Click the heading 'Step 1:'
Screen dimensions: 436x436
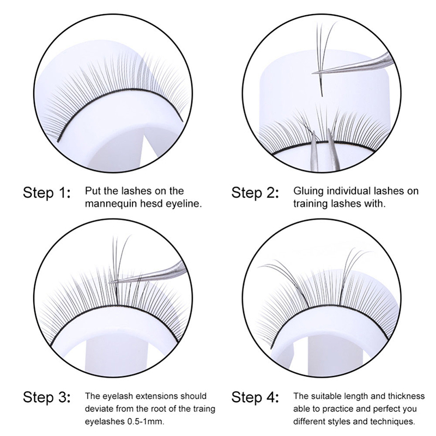(x=47, y=193)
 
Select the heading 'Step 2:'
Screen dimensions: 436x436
(x=255, y=193)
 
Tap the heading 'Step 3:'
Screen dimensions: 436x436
(x=47, y=397)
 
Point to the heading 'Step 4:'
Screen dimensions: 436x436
(x=255, y=397)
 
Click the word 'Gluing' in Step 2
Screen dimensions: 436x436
(x=308, y=191)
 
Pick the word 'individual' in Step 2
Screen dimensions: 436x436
(x=349, y=191)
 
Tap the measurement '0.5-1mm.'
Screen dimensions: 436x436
(x=146, y=421)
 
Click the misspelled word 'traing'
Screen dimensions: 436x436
(x=204, y=409)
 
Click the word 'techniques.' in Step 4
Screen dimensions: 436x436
(x=392, y=421)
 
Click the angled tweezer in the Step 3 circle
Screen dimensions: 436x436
(x=150, y=275)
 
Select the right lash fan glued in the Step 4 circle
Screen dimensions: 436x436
(x=351, y=275)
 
